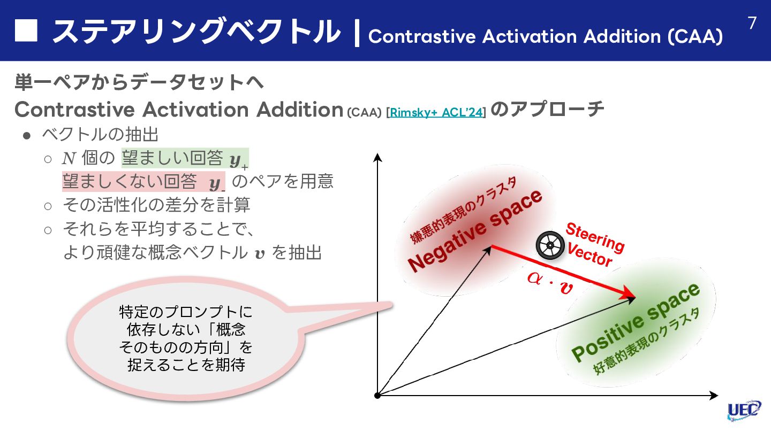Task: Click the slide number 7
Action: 752,23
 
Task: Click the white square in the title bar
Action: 26,31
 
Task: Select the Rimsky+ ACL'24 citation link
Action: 436,112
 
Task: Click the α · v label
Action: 549,282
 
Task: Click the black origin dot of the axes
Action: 377,395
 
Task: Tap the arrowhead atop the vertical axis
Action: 377,157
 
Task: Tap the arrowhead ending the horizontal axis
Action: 713,396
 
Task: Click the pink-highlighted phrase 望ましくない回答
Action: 130,182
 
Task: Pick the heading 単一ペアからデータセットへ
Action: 139,83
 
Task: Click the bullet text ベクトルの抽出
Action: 100,134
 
